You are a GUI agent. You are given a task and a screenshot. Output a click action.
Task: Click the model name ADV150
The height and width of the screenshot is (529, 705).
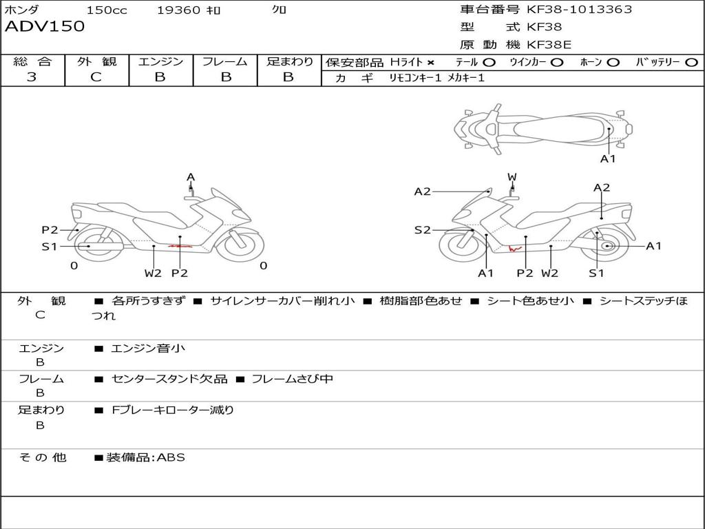click(45, 27)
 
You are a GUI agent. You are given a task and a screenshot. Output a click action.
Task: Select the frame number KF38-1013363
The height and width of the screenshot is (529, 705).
click(579, 10)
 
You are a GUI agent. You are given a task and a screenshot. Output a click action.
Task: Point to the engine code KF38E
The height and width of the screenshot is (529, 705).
click(549, 45)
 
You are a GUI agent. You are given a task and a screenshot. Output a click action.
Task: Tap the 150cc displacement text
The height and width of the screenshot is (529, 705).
click(107, 10)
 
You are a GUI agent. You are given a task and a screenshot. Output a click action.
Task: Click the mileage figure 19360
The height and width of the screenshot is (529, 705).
click(178, 10)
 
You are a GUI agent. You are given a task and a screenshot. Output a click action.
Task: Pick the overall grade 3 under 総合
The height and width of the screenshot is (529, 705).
click(32, 77)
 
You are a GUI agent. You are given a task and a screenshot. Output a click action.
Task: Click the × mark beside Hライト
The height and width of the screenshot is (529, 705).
click(431, 63)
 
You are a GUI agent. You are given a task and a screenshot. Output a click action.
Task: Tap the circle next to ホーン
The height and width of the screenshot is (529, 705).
click(613, 63)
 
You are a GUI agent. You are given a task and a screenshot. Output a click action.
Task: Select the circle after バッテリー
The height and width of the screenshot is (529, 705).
click(691, 63)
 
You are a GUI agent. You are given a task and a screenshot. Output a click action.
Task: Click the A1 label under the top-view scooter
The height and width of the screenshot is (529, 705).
click(608, 159)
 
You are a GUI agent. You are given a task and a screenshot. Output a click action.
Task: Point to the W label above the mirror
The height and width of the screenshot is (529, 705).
click(512, 178)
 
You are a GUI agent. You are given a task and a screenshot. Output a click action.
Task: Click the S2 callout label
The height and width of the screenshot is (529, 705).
click(422, 230)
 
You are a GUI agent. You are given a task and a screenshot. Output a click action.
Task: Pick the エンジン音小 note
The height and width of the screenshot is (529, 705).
click(148, 349)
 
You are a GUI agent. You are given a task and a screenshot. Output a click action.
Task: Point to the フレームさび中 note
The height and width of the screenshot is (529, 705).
click(292, 379)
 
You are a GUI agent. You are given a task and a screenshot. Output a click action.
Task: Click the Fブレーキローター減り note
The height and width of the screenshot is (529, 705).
click(173, 410)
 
